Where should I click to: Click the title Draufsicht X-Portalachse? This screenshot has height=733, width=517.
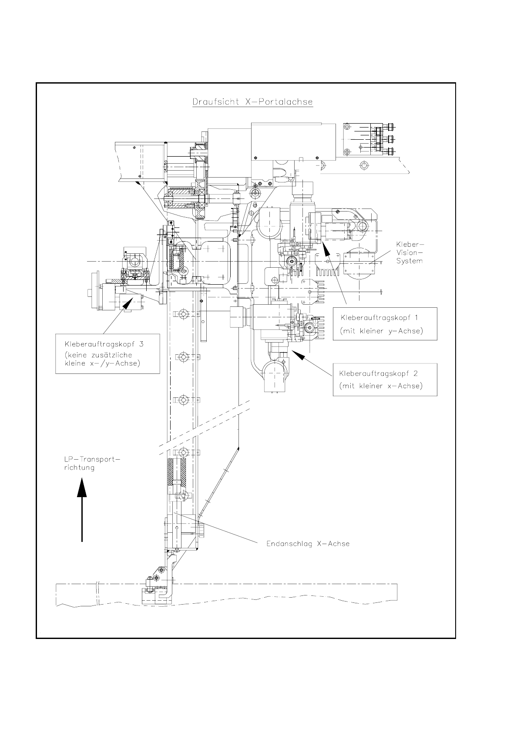(252, 102)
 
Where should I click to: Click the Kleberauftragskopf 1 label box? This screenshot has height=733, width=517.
(385, 324)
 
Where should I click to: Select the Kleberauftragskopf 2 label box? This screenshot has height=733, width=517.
(385, 380)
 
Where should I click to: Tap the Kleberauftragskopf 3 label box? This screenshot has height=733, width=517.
(107, 353)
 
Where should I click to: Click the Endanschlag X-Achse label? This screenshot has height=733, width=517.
(308, 544)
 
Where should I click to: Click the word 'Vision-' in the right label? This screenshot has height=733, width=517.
(409, 253)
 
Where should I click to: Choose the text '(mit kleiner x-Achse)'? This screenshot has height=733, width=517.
(381, 386)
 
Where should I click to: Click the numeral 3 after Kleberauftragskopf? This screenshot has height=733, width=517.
(141, 344)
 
